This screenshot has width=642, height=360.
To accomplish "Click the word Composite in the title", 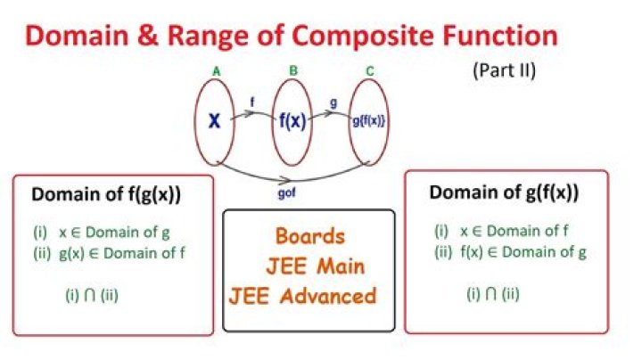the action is (x=365, y=37).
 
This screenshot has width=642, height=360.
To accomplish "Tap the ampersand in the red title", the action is (x=147, y=35).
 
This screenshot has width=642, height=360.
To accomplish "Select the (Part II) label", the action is (x=504, y=70).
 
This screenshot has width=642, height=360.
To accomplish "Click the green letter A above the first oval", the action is (x=216, y=71).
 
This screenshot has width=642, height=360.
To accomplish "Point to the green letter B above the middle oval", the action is (x=293, y=70).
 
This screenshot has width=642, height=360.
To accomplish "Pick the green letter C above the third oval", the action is (x=370, y=71).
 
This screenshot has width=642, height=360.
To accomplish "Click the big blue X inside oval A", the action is (x=214, y=121).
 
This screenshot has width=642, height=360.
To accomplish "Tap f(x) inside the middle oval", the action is (x=292, y=121).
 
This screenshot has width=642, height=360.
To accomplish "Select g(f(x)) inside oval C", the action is (x=368, y=121).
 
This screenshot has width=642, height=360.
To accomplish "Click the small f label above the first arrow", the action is (x=252, y=102).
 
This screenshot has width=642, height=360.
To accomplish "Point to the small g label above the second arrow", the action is (x=333, y=103).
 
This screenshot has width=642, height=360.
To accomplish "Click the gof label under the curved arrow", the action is (x=286, y=193).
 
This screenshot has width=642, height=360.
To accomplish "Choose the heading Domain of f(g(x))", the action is (x=106, y=195).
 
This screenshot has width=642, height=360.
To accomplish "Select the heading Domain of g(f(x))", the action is (x=504, y=192).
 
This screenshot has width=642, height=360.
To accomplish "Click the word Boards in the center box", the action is (x=310, y=236).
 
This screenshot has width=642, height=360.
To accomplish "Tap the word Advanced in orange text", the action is (x=328, y=296).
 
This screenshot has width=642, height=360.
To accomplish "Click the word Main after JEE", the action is (x=341, y=266).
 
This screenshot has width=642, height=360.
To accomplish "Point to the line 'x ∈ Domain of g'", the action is (x=114, y=233).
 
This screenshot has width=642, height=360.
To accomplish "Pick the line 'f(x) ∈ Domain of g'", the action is (x=523, y=252).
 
